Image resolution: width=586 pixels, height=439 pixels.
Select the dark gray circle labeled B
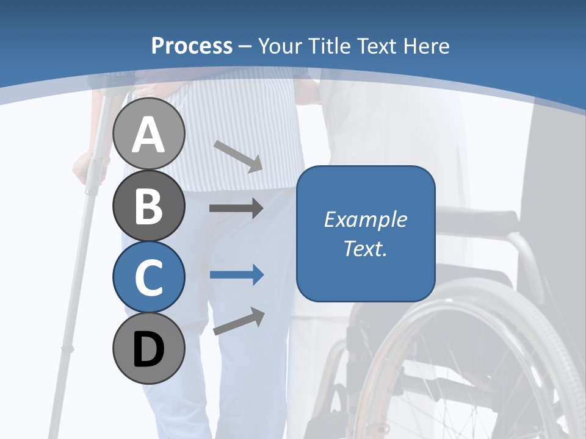coord(148,205)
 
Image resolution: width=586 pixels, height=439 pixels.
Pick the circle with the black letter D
coord(148,348)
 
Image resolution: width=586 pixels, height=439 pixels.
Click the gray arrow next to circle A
coord(238,156)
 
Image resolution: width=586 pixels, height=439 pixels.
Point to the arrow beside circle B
coord(236,209)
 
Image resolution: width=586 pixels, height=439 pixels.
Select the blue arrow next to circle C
coord(236,275)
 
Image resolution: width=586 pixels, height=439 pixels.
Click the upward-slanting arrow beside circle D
coord(239,321)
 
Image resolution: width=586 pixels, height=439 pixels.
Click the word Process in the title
coord(192,46)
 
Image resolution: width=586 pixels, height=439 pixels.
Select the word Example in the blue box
coord(365,220)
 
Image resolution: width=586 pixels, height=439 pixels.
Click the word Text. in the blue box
coord(365,248)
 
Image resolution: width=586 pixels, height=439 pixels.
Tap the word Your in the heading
coord(281,46)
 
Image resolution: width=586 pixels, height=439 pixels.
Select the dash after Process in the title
coord(245,46)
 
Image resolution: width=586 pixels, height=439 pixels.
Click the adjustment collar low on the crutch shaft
coord(67,349)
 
